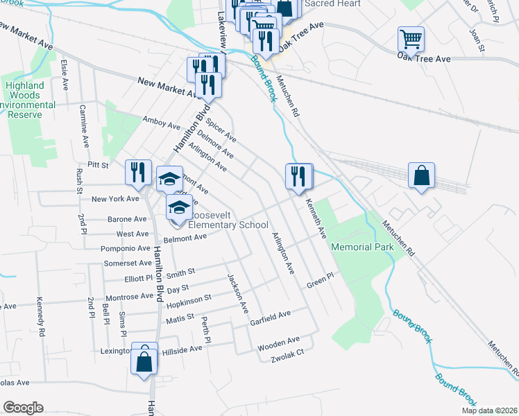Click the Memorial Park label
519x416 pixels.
tap(362, 248)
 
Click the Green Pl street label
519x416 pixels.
tap(321, 284)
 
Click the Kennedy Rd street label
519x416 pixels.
tap(42, 319)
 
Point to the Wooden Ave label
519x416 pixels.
tap(278, 342)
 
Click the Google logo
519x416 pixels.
tap(24, 408)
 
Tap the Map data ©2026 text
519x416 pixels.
tap(488, 410)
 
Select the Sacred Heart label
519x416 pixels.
tap(333, 4)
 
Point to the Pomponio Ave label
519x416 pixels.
tap(126, 248)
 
